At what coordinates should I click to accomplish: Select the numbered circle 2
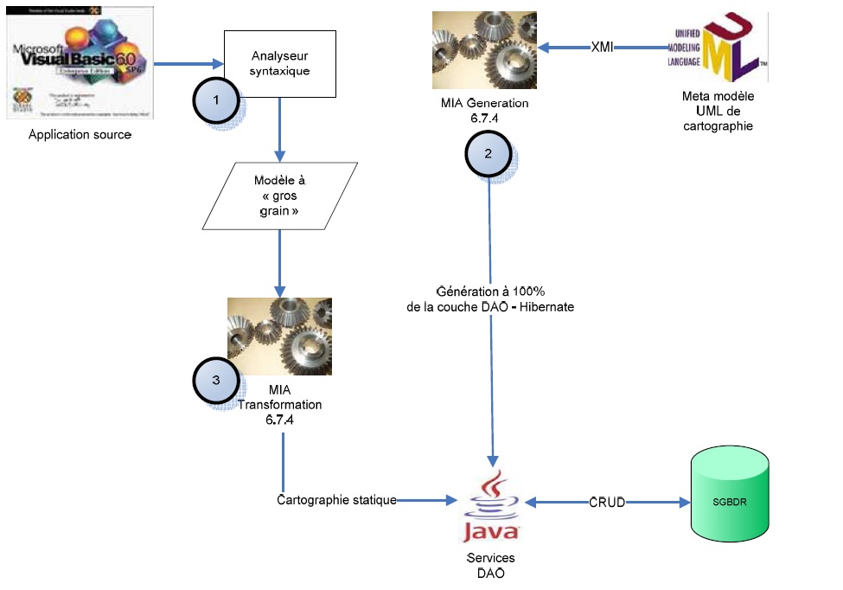(489, 154)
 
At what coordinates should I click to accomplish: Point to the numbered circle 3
(214, 380)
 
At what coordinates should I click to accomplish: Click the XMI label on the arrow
(602, 48)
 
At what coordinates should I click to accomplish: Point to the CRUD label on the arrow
(607, 501)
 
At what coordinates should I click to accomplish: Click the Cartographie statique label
(337, 500)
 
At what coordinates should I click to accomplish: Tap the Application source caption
(80, 134)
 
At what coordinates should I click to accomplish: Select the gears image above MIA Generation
(484, 49)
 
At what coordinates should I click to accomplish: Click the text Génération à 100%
(490, 292)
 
